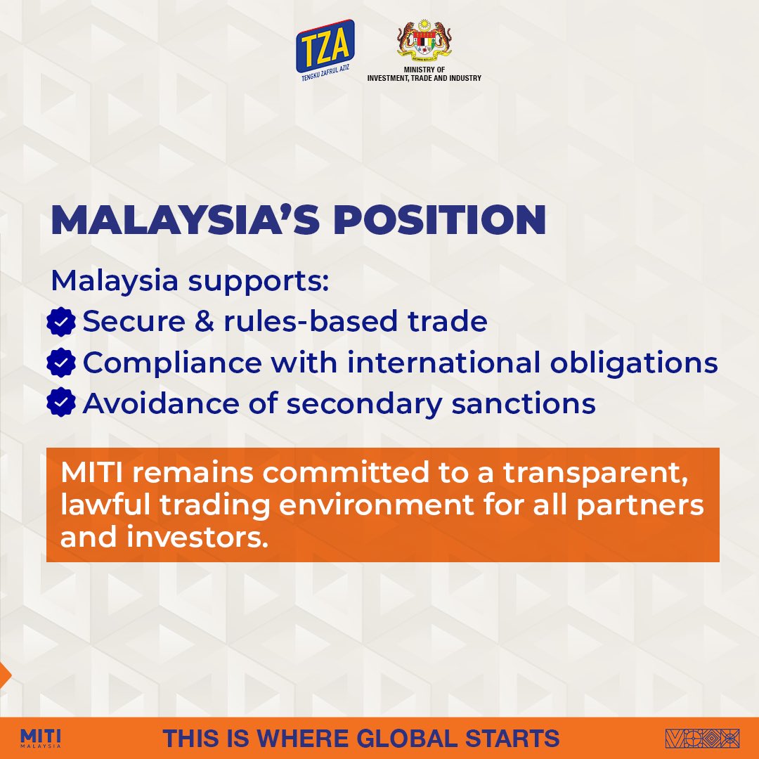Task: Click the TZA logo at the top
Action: point(325,45)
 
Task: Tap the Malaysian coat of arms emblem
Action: point(424,43)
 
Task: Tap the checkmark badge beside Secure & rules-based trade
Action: point(62,323)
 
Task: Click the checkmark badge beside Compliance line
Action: point(62,363)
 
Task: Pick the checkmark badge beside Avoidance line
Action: point(62,404)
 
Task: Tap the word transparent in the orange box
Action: point(612,472)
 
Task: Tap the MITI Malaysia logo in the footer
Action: point(41,738)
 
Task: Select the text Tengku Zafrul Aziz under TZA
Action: point(325,79)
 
